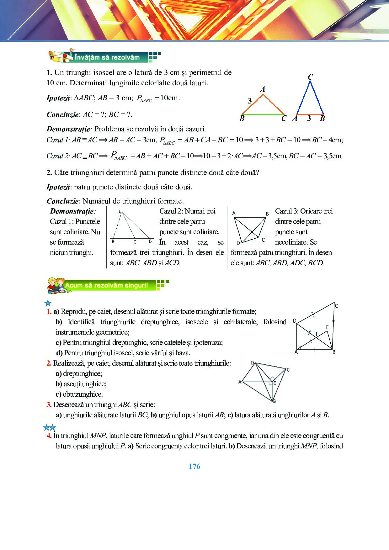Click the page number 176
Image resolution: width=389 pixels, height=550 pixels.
click(x=194, y=466)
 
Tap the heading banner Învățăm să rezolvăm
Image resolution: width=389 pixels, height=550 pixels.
click(x=107, y=57)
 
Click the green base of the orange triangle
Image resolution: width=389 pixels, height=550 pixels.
click(x=263, y=114)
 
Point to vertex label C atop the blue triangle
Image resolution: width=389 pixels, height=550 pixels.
click(x=310, y=77)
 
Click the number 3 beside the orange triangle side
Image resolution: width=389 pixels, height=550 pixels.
click(x=250, y=101)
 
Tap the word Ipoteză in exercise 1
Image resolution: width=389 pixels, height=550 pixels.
click(x=58, y=98)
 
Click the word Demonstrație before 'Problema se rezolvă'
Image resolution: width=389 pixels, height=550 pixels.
click(x=69, y=129)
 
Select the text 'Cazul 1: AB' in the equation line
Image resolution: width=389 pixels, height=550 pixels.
click(x=64, y=140)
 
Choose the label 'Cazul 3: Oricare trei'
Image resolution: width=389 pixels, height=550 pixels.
click(x=304, y=211)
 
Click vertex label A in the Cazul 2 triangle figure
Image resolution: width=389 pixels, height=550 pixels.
click(x=120, y=212)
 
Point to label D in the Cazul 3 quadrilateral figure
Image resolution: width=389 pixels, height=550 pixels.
click(x=238, y=242)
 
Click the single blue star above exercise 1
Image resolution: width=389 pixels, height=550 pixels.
click(x=48, y=303)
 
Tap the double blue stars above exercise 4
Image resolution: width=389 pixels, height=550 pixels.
click(x=49, y=427)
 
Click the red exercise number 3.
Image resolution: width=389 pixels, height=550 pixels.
click(x=49, y=405)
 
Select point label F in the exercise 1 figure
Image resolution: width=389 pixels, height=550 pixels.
click(x=317, y=334)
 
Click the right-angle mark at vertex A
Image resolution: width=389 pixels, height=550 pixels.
click(x=299, y=347)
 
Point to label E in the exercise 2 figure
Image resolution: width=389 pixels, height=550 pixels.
click(x=274, y=383)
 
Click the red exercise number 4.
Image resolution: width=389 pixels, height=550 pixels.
click(x=49, y=436)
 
